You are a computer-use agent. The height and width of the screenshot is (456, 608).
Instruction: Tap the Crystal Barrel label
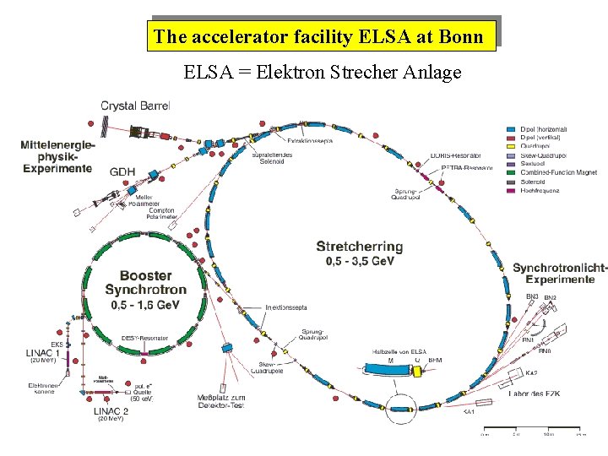(135, 106)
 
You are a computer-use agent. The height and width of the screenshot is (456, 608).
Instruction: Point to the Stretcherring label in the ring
(359, 247)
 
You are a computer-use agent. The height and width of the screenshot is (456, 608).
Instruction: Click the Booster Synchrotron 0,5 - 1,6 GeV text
(145, 289)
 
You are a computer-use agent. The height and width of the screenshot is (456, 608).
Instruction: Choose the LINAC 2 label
(111, 410)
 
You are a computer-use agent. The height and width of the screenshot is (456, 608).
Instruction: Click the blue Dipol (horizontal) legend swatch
(511, 129)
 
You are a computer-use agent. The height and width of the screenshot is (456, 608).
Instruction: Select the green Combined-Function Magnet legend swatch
(511, 171)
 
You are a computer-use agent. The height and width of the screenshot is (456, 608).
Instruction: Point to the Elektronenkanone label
(42, 388)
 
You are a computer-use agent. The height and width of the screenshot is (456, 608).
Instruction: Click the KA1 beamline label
(469, 412)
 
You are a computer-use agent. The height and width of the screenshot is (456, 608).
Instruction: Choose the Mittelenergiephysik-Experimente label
(57, 156)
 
